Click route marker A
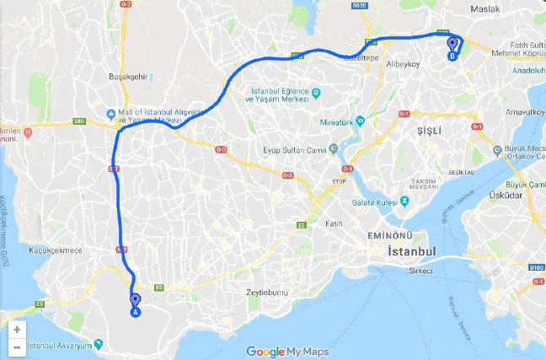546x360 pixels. (x=135, y=303)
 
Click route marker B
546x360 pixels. (x=452, y=46)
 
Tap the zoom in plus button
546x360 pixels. (x=17, y=330)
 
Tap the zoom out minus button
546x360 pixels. (x=17, y=347)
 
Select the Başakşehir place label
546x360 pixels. (x=128, y=76)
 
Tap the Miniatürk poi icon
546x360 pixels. (x=360, y=120)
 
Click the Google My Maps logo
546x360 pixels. (x=287, y=352)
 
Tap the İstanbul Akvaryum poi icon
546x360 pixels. (x=99, y=344)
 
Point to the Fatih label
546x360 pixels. (x=334, y=223)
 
